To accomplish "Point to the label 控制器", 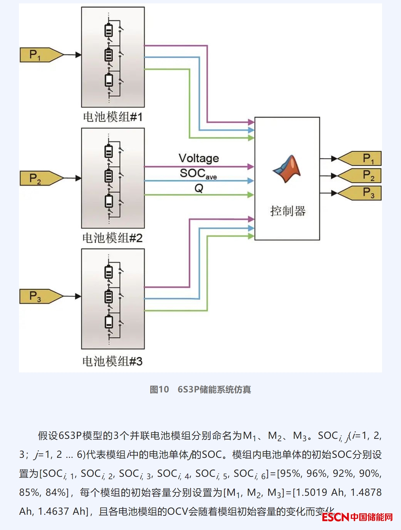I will pyautogui.click(x=288, y=211).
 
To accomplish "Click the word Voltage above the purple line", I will pyautogui.click(x=199, y=158).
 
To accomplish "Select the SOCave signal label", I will pyautogui.click(x=198, y=174).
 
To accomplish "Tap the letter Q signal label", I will pyautogui.click(x=199, y=188).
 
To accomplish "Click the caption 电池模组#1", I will pyautogui.click(x=113, y=117).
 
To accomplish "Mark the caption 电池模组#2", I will pyautogui.click(x=112, y=238).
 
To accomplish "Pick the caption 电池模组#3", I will pyautogui.click(x=112, y=361).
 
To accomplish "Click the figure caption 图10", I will pyautogui.click(x=159, y=390).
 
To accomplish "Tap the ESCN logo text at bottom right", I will pyautogui.click(x=335, y=517).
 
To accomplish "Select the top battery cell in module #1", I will pyautogui.click(x=109, y=31).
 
